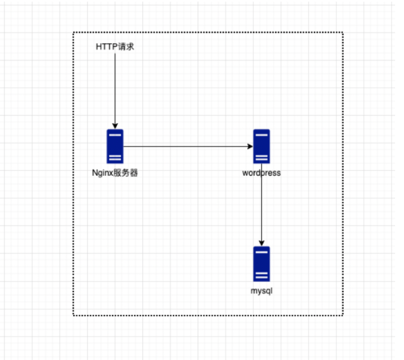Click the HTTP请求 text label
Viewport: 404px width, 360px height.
(x=115, y=47)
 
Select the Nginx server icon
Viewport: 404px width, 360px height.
(x=115, y=147)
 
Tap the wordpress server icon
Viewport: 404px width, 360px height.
(x=262, y=147)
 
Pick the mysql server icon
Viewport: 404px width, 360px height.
(x=262, y=263)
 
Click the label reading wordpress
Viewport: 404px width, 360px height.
(x=262, y=173)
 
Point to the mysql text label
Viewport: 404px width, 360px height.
(x=262, y=290)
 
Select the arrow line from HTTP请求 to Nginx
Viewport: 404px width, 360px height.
(x=115, y=89)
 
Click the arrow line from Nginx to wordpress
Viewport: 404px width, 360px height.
(x=187, y=147)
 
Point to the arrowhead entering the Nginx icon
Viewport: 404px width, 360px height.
(x=115, y=126)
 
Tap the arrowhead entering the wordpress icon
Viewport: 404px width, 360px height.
(x=250, y=147)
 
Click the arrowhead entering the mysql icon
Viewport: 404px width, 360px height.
(x=262, y=243)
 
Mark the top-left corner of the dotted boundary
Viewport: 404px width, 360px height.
(x=74, y=33)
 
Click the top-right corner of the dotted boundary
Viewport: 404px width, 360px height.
(x=343, y=33)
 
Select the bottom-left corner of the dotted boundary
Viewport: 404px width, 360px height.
(x=74, y=315)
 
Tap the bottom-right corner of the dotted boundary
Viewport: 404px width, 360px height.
(x=343, y=315)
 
